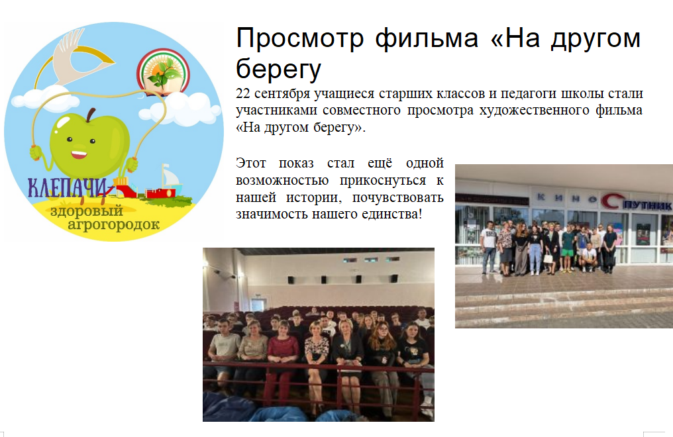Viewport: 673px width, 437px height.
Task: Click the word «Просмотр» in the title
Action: point(300,38)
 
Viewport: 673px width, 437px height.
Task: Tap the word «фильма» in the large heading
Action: point(427,38)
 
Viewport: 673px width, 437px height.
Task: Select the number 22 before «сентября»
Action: point(242,93)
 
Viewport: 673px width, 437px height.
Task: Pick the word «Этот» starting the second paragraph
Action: point(250,164)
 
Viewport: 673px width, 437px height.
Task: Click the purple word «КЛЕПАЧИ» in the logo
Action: point(67,188)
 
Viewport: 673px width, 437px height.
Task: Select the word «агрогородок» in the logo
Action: point(114,224)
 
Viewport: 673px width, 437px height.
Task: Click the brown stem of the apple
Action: point(91,115)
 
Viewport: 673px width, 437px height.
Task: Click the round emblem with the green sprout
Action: point(163,72)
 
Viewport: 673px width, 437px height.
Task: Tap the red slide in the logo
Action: point(125,188)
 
